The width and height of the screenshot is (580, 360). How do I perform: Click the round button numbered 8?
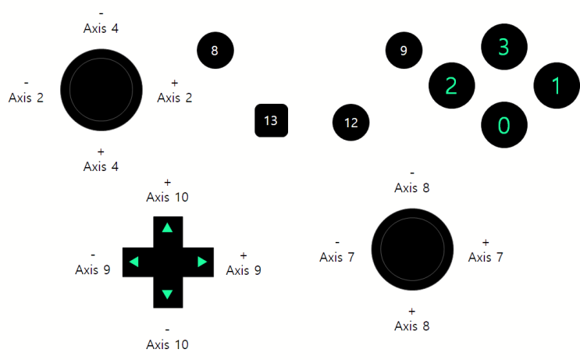point(215,50)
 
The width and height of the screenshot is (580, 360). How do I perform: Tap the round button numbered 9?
point(404,50)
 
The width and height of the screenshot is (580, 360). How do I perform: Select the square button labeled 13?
point(271,120)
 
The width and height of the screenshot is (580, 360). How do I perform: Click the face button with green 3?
point(504,47)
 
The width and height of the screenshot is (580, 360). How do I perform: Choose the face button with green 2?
point(452,85)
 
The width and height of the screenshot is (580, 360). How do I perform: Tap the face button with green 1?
point(557,85)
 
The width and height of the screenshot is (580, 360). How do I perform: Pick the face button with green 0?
point(504,125)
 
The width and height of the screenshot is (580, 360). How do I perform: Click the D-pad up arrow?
point(168,227)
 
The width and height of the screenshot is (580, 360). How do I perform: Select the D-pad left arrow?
point(134,262)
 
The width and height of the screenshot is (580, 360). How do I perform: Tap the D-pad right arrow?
point(202,262)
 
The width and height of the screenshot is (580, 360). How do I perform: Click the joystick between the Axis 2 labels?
point(101,90)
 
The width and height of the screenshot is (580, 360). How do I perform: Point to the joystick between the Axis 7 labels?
point(412,249)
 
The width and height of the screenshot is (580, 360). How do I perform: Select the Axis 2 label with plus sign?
point(175,92)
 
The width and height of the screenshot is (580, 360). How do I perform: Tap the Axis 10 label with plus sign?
point(168,191)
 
